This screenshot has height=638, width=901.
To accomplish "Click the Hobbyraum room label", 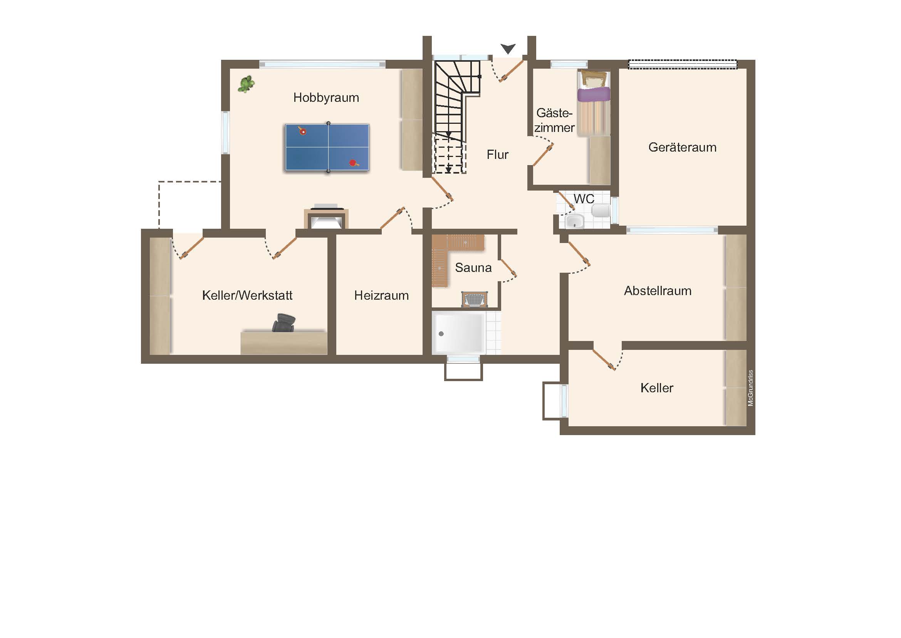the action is pyautogui.click(x=326, y=98).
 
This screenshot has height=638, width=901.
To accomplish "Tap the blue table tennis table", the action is pyautogui.click(x=327, y=147).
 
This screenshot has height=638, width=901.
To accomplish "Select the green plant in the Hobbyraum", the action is pyautogui.click(x=246, y=84).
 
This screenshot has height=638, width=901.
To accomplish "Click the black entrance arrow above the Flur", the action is pyautogui.click(x=508, y=49).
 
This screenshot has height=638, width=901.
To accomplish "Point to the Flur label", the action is pyautogui.click(x=498, y=155).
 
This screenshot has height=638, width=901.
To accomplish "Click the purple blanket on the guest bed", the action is pyautogui.click(x=594, y=95).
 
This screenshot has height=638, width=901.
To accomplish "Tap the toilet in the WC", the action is pyautogui.click(x=601, y=211).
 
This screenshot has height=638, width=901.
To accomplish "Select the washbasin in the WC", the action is pyautogui.click(x=574, y=221).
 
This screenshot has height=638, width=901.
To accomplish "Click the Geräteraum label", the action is pyautogui.click(x=683, y=147).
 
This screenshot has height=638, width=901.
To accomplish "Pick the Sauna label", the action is pyautogui.click(x=473, y=268).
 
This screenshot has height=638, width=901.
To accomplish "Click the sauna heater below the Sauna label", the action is pyautogui.click(x=475, y=299).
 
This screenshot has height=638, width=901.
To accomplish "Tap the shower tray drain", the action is pyautogui.click(x=441, y=334).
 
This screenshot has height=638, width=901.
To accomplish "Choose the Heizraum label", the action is pyautogui.click(x=381, y=295).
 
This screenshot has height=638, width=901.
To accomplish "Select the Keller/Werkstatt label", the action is pyautogui.click(x=247, y=295).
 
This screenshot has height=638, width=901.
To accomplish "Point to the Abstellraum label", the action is pyautogui.click(x=658, y=291).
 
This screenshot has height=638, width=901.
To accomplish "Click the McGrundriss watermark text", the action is pyautogui.click(x=750, y=388).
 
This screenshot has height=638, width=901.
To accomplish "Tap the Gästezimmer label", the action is pyautogui.click(x=554, y=120).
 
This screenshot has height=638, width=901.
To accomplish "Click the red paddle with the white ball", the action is pyautogui.click(x=302, y=131).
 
